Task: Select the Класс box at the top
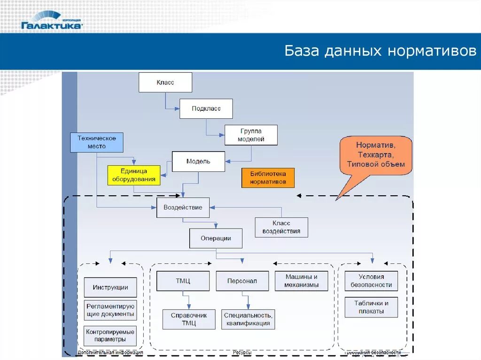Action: tap(165, 83)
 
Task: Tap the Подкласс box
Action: tap(206, 108)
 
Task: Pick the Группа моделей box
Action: tap(251, 135)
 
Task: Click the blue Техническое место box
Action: tap(96, 142)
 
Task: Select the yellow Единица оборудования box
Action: tap(134, 175)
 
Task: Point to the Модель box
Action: tap(198, 161)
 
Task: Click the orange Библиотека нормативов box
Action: tap(268, 178)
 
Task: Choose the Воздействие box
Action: tap(183, 207)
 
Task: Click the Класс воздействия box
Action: tap(282, 227)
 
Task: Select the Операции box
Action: tap(216, 238)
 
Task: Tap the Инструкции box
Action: tap(110, 287)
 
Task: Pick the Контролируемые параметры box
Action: tap(110, 335)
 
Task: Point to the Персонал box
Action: tap(242, 281)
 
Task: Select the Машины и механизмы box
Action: tap(301, 281)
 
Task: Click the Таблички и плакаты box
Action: tap(371, 307)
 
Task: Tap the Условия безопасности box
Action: tap(371, 281)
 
